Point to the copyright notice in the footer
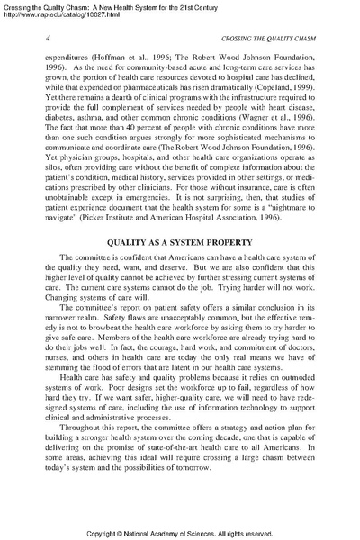[x=180, y=533]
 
